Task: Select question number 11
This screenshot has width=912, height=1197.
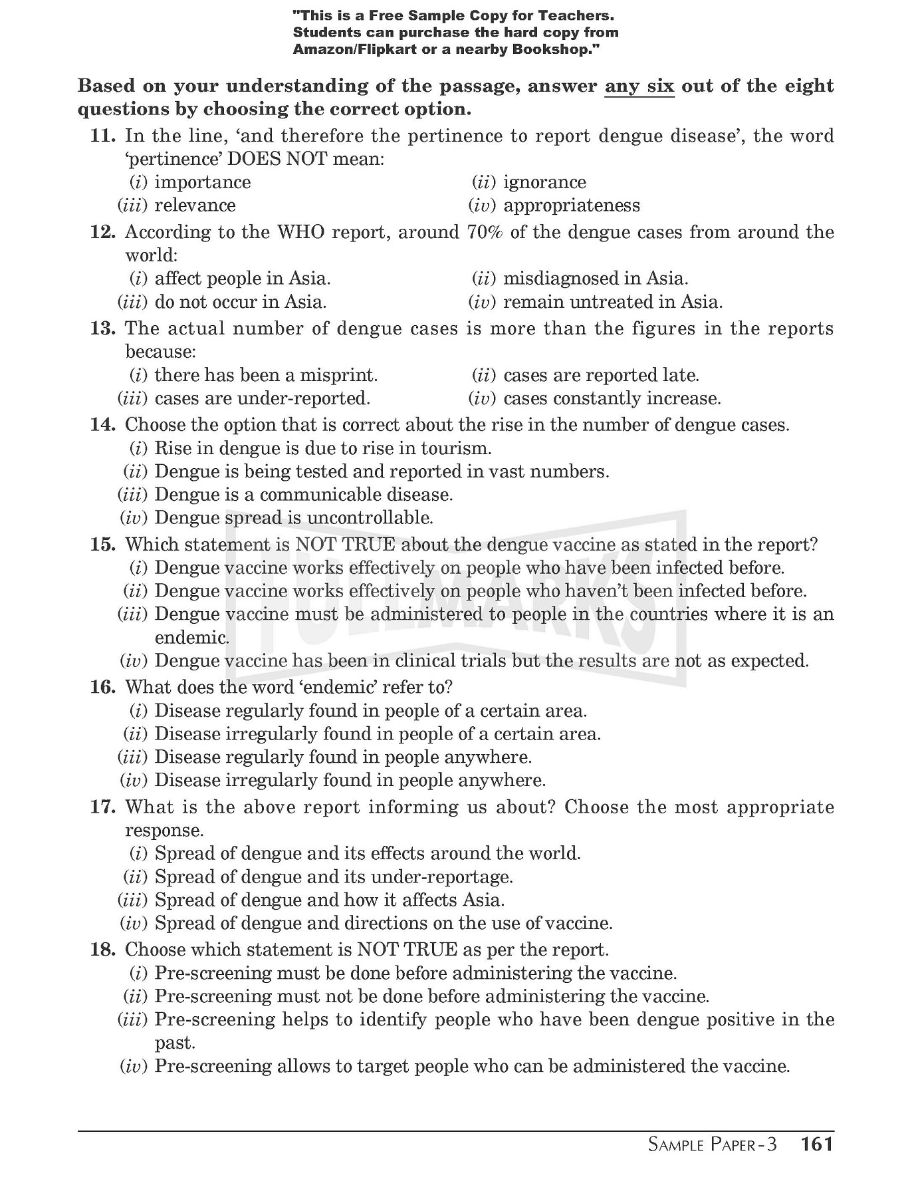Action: point(102,136)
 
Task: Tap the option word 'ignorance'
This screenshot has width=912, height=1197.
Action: point(544,182)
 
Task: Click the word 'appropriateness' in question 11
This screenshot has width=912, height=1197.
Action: point(572,205)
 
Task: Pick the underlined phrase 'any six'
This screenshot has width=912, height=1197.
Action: point(639,86)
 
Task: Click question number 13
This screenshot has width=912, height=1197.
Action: point(102,329)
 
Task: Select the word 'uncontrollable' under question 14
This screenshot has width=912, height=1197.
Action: point(370,517)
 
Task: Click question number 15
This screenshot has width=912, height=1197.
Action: point(102,545)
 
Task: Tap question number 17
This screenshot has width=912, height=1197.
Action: point(102,807)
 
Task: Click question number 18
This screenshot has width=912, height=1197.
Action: point(102,950)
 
